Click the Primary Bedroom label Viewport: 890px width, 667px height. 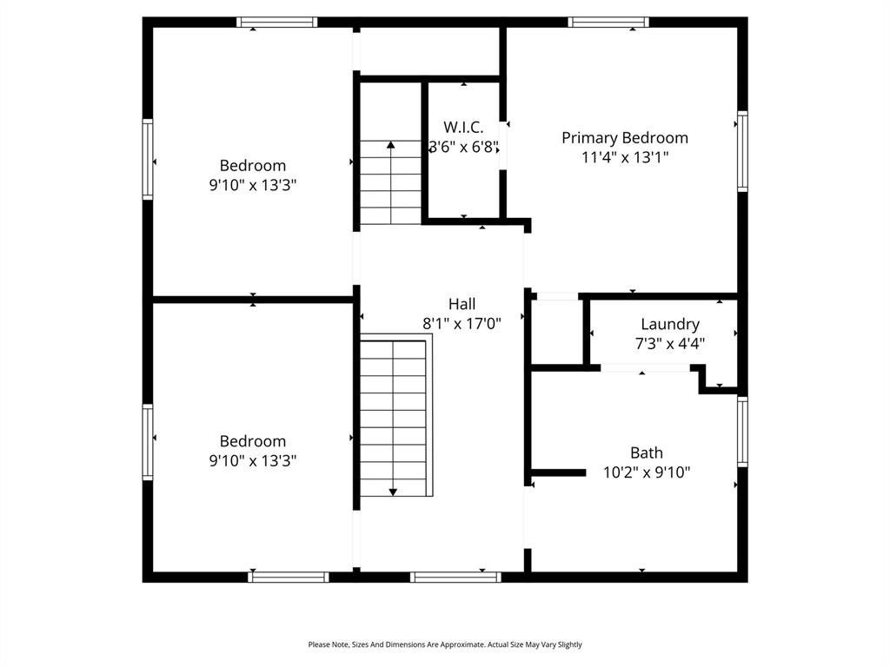point(625,138)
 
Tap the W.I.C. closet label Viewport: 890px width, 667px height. point(463,127)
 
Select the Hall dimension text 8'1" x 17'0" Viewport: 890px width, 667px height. point(462,323)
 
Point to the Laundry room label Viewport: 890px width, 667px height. point(670,325)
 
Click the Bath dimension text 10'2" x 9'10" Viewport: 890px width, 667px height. point(647,472)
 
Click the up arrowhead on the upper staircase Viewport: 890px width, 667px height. point(390,145)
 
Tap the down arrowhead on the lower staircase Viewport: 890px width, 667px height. point(393,492)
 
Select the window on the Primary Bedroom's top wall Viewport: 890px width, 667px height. point(608,22)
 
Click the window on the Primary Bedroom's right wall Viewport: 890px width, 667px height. point(742,151)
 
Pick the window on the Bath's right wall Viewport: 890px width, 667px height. point(742,432)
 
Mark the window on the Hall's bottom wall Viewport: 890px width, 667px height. point(455,577)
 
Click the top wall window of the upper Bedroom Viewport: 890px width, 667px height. point(277,22)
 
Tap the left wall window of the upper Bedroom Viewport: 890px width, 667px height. point(148,160)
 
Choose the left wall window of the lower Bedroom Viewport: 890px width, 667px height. point(148,442)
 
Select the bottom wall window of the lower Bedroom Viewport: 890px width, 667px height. point(289,577)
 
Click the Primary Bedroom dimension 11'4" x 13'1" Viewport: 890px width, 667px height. point(625,157)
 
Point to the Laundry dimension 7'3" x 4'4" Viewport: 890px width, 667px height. point(670,344)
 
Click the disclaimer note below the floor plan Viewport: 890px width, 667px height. point(445,644)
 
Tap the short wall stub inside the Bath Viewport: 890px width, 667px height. point(559,472)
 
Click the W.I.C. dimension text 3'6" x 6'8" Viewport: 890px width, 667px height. point(464,147)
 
